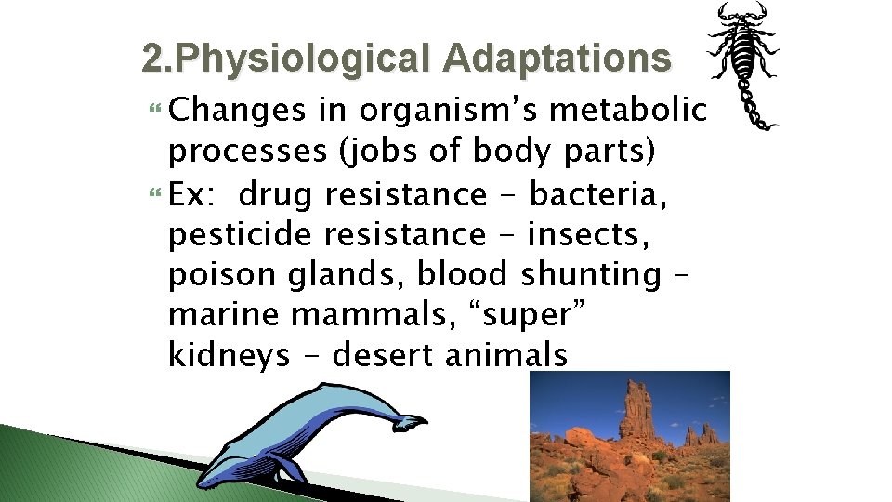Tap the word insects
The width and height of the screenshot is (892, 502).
(604, 234)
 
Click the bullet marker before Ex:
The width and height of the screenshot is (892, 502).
(154, 194)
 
